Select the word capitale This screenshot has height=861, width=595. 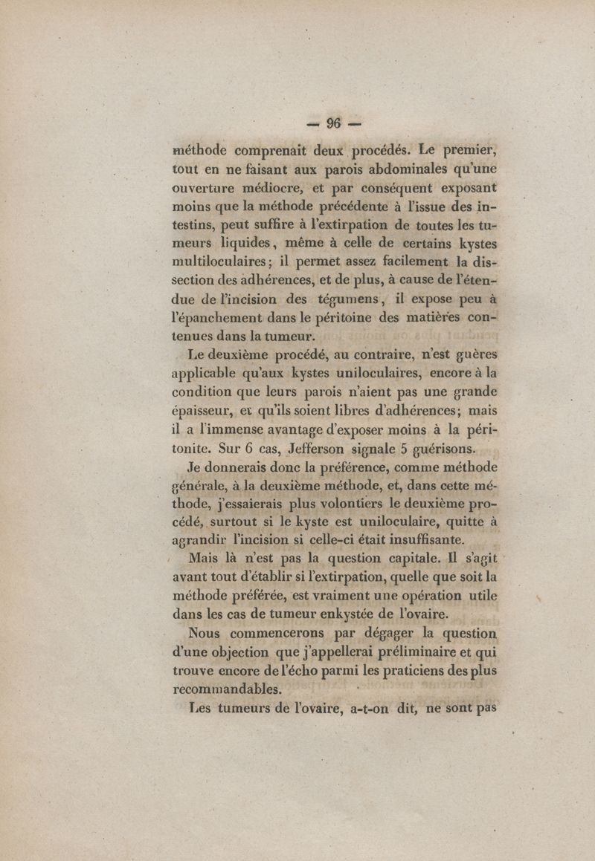pos(399,557)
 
